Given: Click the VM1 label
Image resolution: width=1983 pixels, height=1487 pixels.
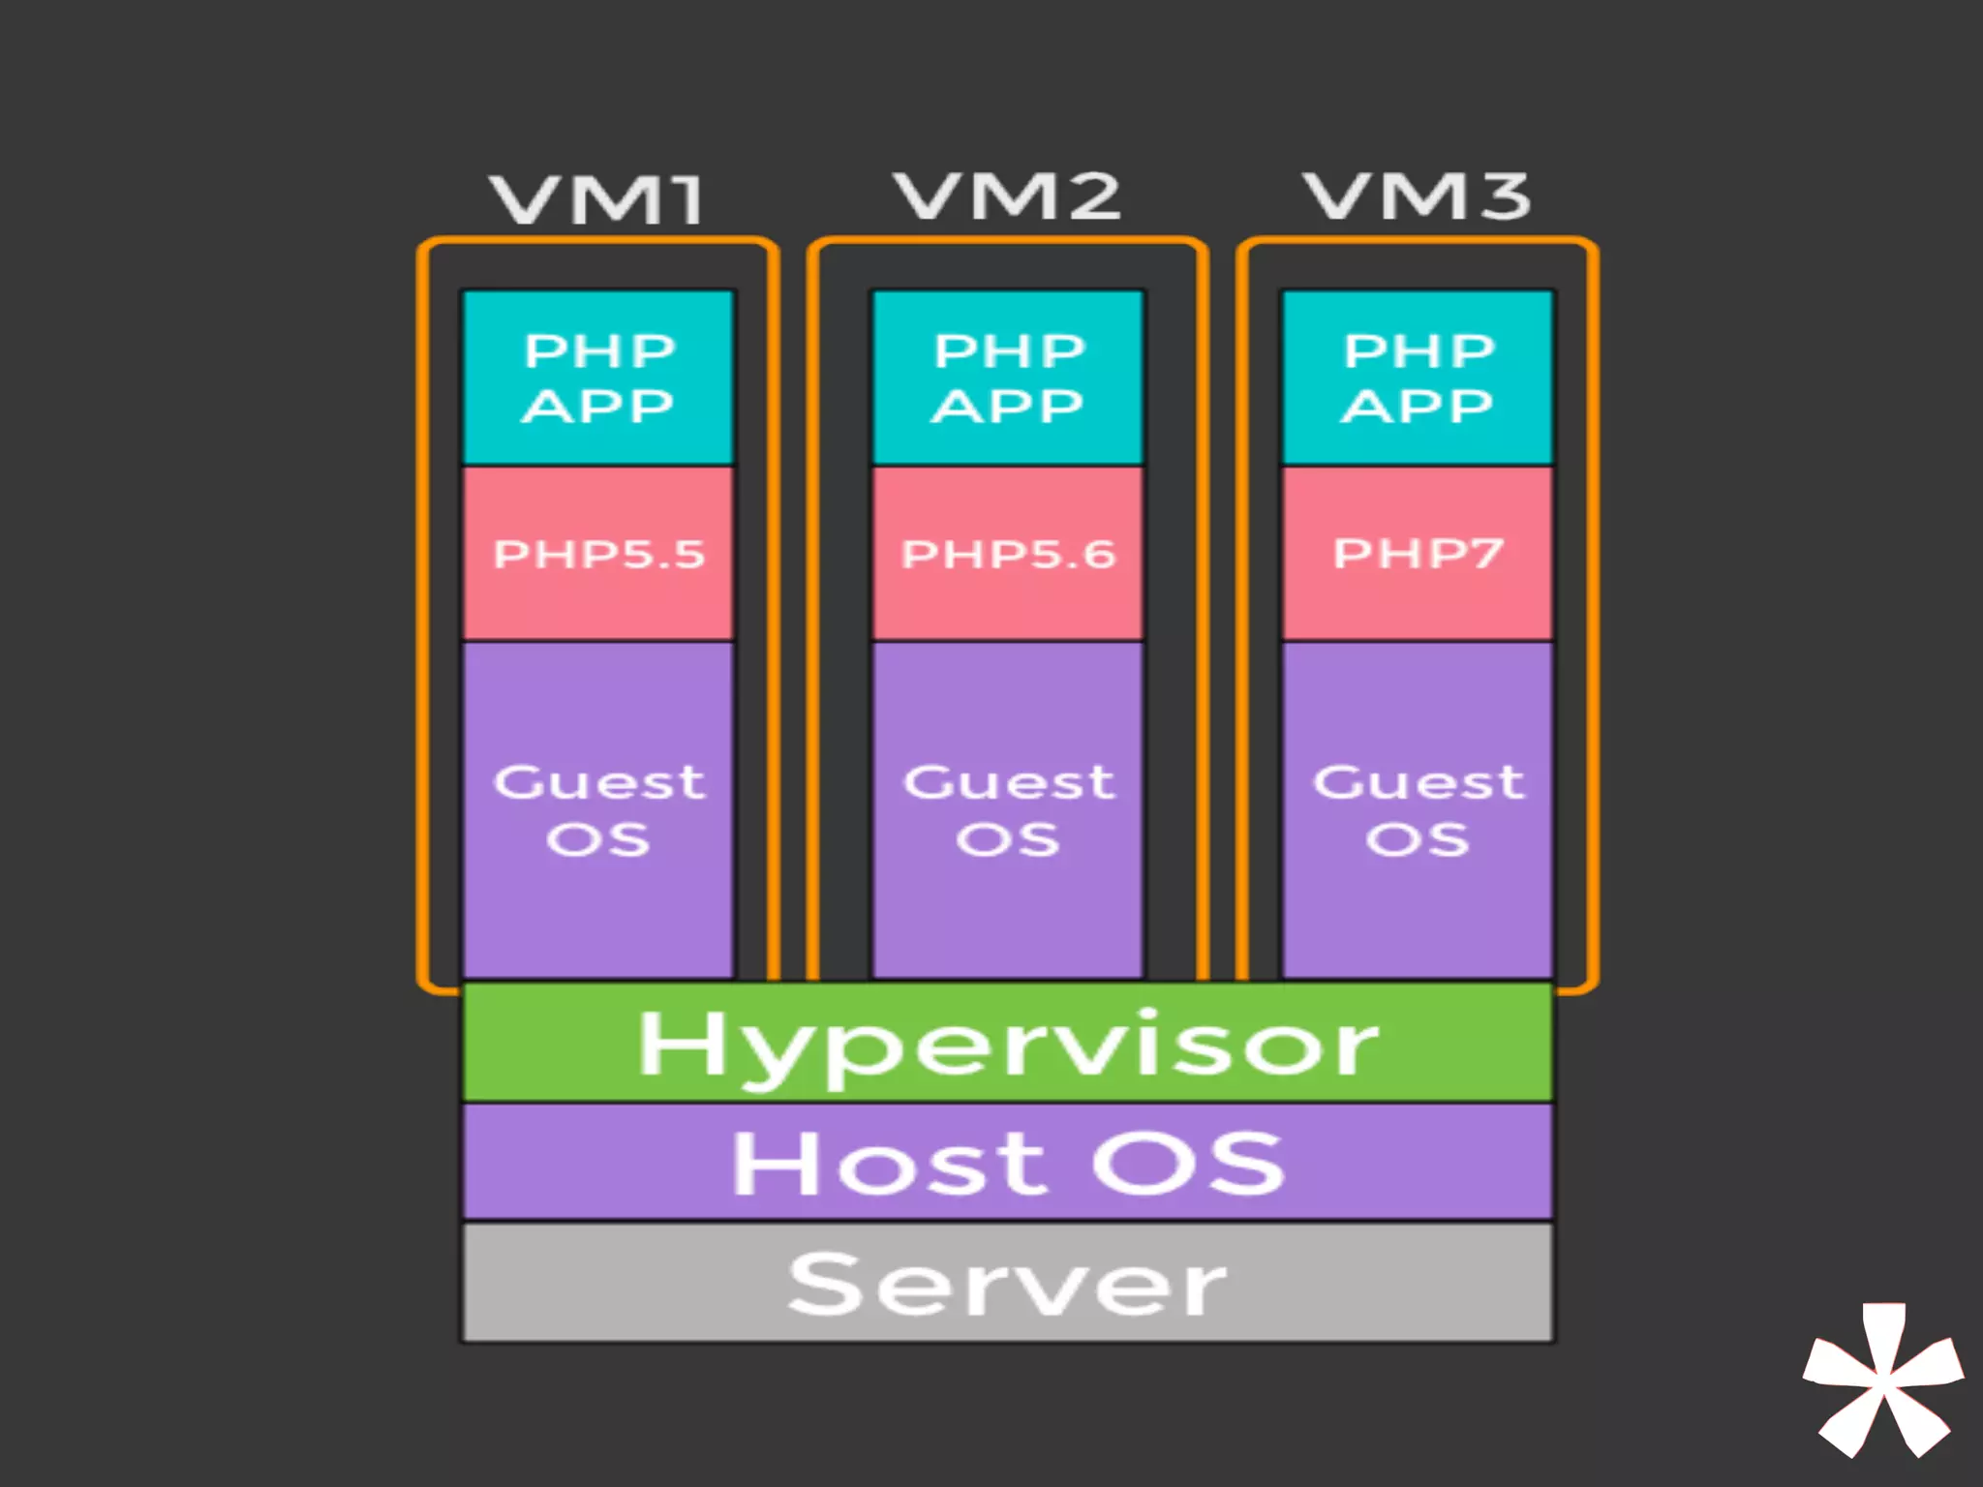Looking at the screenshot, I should pos(597,199).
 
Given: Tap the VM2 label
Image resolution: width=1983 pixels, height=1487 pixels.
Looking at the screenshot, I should pos(1007,196).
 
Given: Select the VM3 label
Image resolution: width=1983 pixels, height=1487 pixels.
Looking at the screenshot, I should pos(1418,196).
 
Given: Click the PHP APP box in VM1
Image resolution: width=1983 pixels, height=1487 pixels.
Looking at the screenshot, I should pos(598,378).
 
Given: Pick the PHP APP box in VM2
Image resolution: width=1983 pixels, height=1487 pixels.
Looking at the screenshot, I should pos(1008,378).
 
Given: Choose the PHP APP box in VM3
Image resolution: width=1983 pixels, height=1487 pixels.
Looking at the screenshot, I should pos(1418,378).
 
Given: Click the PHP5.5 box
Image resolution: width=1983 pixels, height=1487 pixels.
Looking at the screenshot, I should pos(598,554).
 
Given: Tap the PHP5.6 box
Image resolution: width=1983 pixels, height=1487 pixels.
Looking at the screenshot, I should pos(1008,554).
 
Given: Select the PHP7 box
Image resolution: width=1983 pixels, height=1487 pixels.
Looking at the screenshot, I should pos(1418,554).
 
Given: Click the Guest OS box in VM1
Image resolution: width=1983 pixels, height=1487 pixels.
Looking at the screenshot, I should pos(598,809).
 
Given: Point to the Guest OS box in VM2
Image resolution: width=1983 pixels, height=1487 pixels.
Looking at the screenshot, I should pos(1008,809).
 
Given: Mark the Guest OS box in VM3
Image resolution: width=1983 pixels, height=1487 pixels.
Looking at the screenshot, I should pos(1418,809).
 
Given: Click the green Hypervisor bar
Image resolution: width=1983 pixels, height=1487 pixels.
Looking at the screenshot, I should pos(1008,1043).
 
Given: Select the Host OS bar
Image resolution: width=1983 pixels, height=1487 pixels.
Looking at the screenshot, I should pos(1008,1162).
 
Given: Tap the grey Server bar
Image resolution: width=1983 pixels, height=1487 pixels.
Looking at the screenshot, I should pos(1008,1283).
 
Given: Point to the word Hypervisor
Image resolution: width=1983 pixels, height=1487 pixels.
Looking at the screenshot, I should pos(1008,1046).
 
